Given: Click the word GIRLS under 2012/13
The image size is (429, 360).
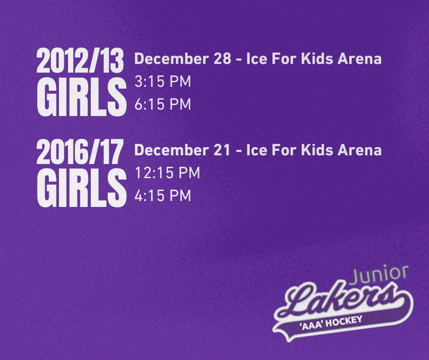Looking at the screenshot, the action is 82,97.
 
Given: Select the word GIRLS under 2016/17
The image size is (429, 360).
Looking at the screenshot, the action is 82,187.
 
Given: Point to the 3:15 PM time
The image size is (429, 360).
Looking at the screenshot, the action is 163,82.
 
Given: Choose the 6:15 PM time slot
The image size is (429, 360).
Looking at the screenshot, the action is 163,104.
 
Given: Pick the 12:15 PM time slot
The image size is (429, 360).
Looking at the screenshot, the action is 167,173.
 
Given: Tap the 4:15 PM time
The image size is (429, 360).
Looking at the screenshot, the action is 163,196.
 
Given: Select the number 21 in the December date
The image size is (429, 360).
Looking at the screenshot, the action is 222,150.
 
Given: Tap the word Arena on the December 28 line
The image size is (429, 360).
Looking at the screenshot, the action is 359,58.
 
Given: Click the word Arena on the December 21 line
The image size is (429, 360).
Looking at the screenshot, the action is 359,150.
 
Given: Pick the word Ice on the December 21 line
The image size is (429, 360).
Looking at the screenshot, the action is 256,150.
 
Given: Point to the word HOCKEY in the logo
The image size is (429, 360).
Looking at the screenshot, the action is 344,322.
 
